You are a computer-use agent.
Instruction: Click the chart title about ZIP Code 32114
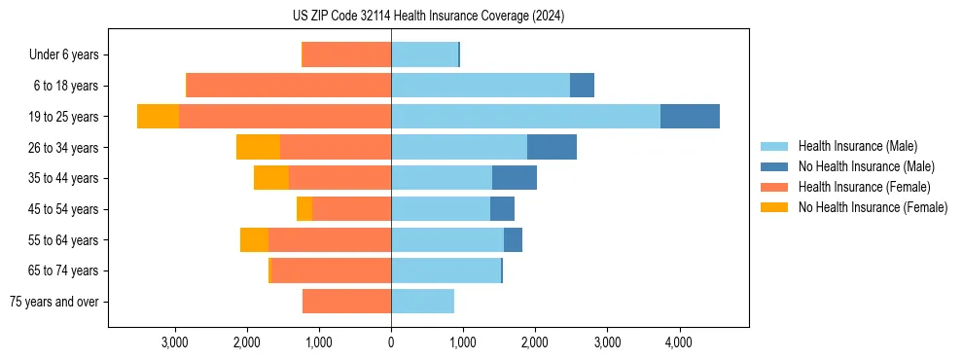click(428, 17)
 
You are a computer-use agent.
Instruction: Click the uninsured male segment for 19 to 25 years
click(690, 117)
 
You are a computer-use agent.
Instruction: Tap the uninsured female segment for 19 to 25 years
click(158, 117)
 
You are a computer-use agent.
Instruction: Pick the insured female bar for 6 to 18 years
click(289, 86)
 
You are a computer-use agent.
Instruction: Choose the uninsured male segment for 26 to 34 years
click(552, 148)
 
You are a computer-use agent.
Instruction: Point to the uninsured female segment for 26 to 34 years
click(258, 148)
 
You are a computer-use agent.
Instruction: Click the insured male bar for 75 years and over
click(422, 302)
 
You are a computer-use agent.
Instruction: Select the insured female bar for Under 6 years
click(346, 55)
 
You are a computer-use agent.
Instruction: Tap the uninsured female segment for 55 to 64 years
click(254, 240)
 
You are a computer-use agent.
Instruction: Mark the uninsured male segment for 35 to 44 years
click(515, 178)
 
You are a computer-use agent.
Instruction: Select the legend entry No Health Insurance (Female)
click(872, 207)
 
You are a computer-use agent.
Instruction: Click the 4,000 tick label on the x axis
click(678, 342)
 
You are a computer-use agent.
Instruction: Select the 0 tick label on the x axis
click(391, 342)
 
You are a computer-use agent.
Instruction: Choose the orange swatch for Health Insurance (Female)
click(775, 187)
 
